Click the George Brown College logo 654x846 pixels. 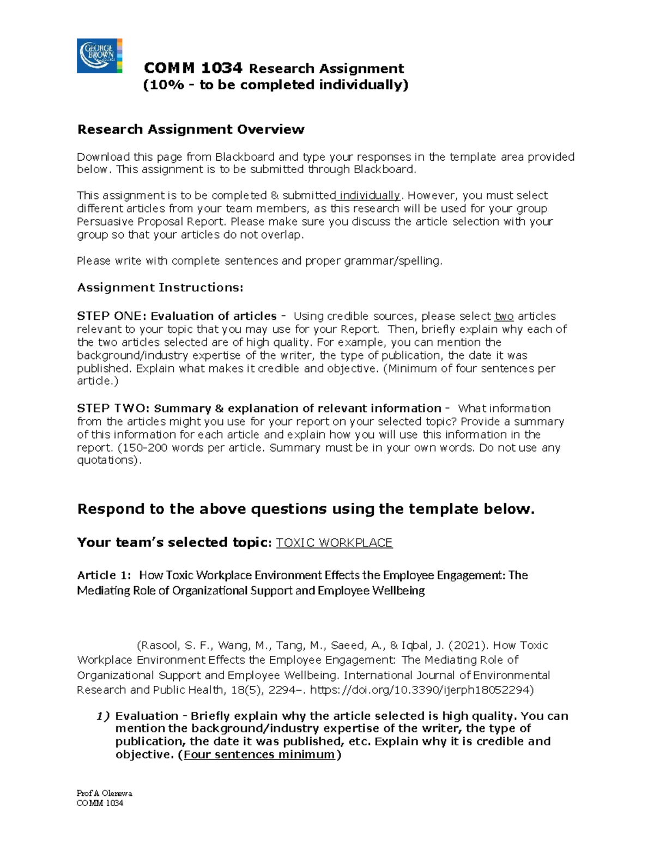(x=99, y=56)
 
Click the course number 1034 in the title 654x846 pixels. (x=221, y=68)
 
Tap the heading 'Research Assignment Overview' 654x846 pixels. (x=191, y=130)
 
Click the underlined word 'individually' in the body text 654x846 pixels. (x=370, y=196)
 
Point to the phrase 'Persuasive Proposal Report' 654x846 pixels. (x=152, y=222)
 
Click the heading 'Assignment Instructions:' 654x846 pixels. (x=160, y=288)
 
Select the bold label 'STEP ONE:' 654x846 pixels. (x=111, y=317)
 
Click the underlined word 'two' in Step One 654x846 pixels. (x=504, y=317)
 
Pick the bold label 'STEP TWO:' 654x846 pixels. (x=113, y=409)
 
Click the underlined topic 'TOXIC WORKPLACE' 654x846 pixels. (x=334, y=543)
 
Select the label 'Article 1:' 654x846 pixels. (x=104, y=575)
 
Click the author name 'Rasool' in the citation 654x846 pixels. (x=160, y=646)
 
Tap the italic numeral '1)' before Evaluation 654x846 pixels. (x=104, y=716)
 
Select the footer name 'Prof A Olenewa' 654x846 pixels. (x=104, y=793)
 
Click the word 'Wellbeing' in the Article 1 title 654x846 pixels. (x=398, y=591)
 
